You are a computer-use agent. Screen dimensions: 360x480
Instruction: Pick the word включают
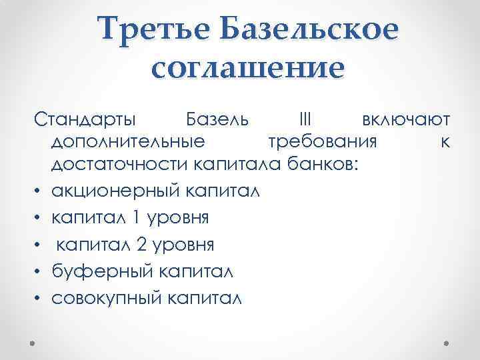click(407, 121)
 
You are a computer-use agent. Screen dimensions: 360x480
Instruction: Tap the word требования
click(323, 143)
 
